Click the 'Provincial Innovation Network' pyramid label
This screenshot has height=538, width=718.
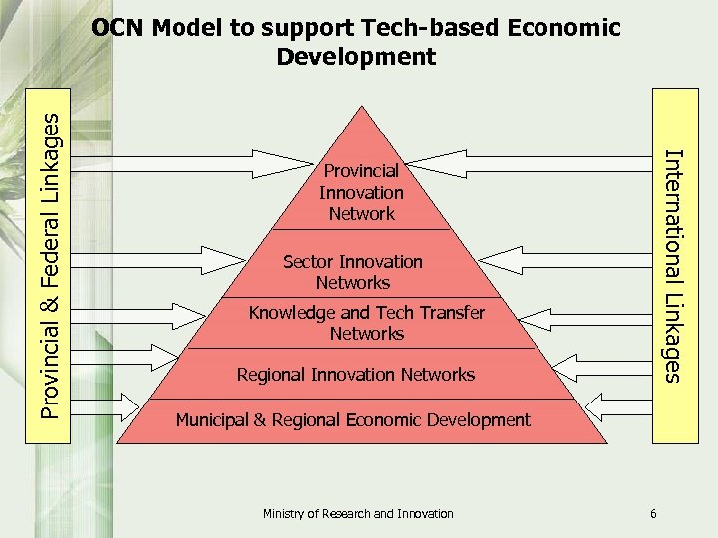pos(361,192)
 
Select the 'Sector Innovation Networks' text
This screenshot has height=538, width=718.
pos(352,272)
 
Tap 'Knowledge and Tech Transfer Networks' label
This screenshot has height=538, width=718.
pos(366,323)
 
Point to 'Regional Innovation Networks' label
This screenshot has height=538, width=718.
pos(356,375)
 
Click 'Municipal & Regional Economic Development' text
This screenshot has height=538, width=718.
pos(353,420)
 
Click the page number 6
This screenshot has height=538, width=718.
pos(653,514)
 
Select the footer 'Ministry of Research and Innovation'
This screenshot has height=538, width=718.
pos(358,514)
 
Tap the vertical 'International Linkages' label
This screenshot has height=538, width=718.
pos(673,265)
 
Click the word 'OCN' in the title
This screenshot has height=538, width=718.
pos(118,28)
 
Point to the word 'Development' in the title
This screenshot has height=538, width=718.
pos(356,57)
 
